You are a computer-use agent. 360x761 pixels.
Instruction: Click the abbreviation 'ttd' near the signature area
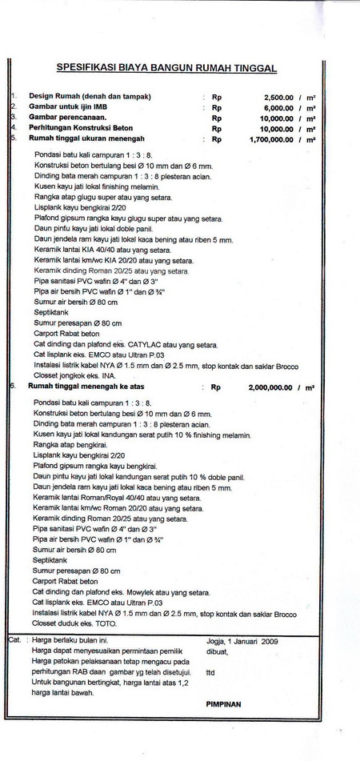(x=210, y=672)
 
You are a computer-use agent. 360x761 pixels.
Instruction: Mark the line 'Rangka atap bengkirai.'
(x=72, y=443)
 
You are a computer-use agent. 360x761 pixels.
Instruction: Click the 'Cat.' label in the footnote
(x=14, y=640)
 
